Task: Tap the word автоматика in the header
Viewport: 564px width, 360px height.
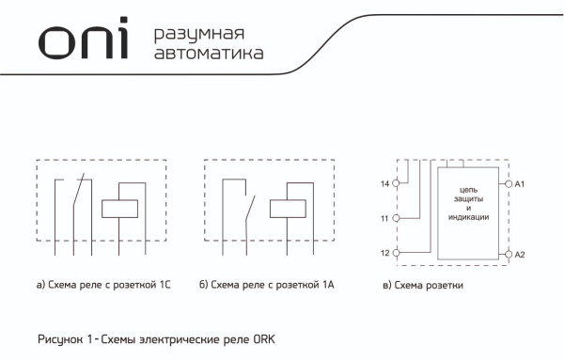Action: pos(208,55)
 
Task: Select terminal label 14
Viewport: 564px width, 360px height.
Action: pos(384,184)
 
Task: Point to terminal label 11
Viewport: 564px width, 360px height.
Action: pos(384,218)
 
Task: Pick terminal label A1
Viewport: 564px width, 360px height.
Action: pos(520,184)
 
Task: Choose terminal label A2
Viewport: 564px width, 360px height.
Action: pos(520,255)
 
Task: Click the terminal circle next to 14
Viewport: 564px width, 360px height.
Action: pos(396,184)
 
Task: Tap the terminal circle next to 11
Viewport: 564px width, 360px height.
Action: pos(396,218)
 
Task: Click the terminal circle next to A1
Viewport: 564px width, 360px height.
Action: pos(509,184)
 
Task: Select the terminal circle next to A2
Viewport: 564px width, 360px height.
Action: pos(509,255)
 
